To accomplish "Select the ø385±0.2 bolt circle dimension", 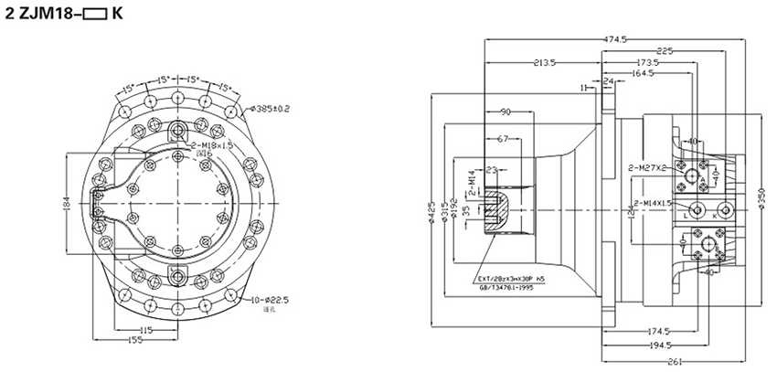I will point(269,109).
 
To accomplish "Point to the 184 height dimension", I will point(67,204).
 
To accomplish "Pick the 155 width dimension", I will point(133,340).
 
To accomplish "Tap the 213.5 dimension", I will point(545,63).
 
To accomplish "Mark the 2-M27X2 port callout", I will point(646,168).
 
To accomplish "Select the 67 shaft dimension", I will point(502,139).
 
